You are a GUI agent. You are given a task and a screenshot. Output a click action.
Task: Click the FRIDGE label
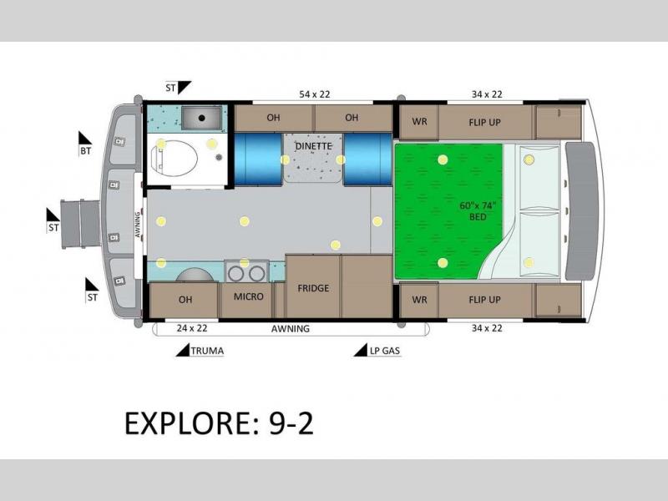313,288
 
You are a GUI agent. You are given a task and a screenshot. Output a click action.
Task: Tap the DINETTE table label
314,146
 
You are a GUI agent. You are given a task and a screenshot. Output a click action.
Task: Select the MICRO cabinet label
248,296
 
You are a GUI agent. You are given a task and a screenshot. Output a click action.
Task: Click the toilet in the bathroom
175,158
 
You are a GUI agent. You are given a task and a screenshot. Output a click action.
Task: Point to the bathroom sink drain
202,118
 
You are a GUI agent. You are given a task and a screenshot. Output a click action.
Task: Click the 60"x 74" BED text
478,211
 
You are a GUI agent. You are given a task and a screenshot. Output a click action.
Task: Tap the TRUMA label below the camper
207,351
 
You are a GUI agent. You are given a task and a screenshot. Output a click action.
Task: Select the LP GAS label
385,351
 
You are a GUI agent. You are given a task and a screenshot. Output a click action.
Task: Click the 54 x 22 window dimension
315,94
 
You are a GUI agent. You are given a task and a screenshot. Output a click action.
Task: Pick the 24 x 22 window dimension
192,328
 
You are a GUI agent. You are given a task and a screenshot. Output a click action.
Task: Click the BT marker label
86,151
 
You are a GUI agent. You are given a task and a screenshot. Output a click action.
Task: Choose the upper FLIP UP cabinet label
484,122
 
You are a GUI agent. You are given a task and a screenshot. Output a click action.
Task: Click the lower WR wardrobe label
419,300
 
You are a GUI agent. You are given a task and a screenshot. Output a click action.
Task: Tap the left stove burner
235,274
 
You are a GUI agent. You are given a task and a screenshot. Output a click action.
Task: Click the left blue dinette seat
258,159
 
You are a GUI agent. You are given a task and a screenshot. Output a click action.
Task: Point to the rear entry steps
80,224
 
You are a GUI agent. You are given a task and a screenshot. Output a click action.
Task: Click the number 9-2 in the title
291,423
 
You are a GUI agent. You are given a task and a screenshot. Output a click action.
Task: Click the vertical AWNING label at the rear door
138,225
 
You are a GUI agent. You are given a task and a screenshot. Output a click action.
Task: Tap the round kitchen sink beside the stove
195,275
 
